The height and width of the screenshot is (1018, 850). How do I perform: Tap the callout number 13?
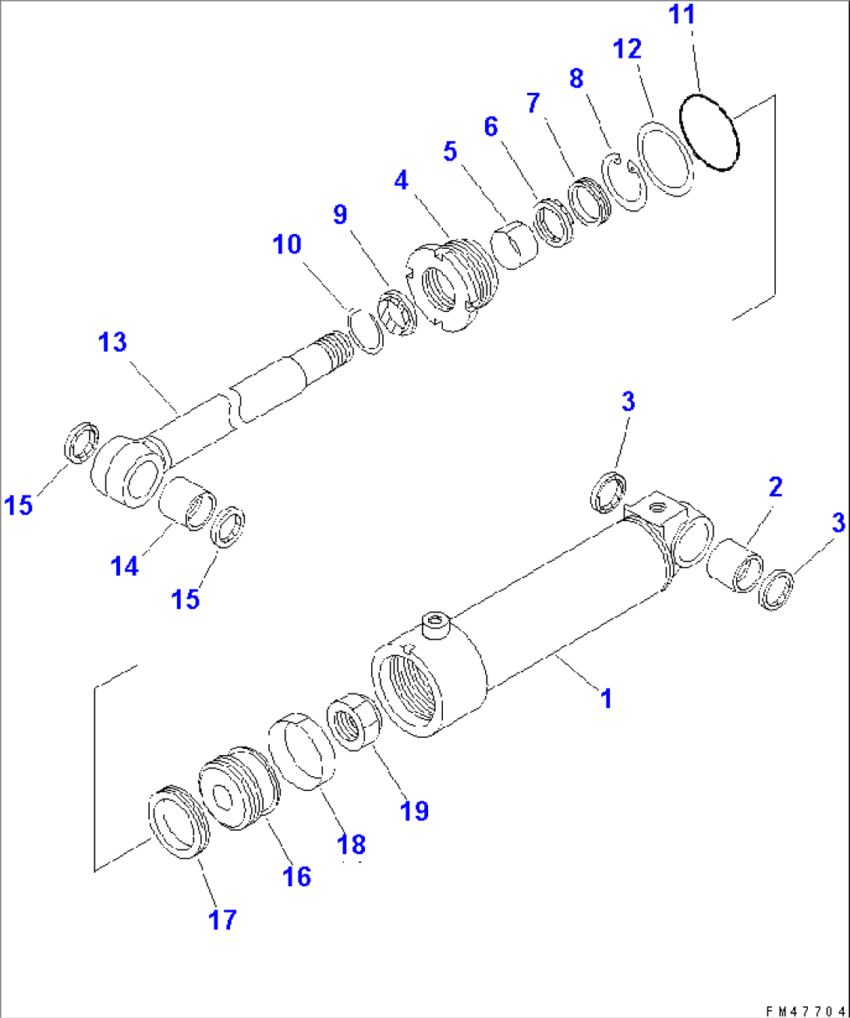point(112,342)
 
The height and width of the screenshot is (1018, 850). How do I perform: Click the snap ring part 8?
point(625,182)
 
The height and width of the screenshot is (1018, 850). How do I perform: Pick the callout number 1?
point(606,698)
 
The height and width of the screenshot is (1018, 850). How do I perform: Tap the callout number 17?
point(222,920)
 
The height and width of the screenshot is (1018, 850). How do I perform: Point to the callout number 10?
point(287,244)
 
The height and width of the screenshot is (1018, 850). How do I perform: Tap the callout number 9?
point(340,215)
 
